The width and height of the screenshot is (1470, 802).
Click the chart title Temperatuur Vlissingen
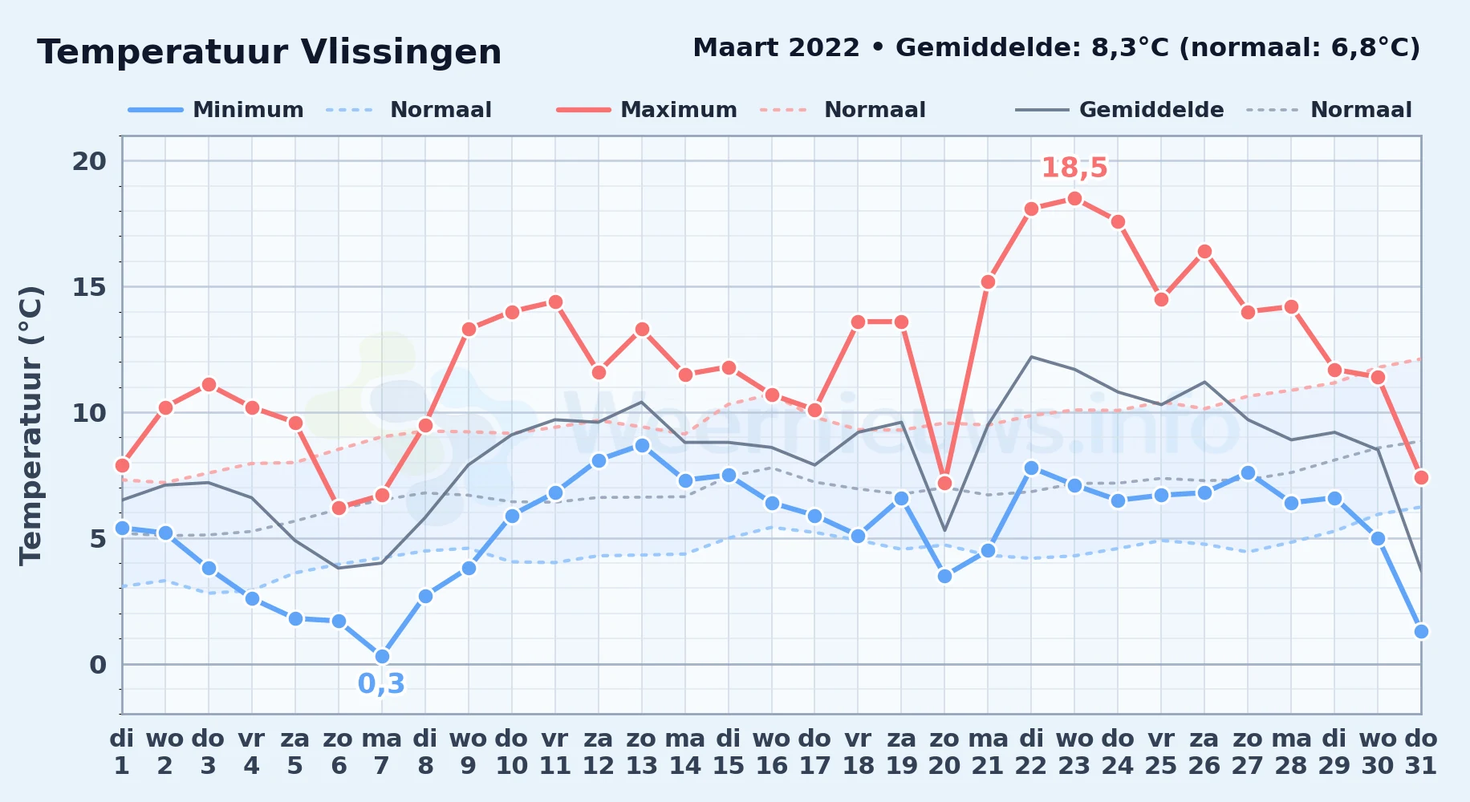coord(270,52)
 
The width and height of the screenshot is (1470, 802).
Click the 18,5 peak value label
coord(1074,168)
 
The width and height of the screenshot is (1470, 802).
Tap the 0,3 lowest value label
coord(381,684)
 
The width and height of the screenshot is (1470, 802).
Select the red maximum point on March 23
coord(1074,199)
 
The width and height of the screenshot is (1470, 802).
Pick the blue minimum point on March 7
coord(382,657)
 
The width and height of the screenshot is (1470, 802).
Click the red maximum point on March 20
coord(944,483)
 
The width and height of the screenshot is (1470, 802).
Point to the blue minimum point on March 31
coord(1421,631)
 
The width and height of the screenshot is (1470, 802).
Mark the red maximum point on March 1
coord(122,465)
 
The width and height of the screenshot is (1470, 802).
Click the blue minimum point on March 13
coord(642,445)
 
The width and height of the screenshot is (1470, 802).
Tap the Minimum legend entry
coord(217,110)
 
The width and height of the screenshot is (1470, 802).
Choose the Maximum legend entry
coord(647,110)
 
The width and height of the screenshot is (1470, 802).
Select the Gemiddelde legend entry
coord(1119,110)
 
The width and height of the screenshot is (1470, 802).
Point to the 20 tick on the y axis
coord(89,161)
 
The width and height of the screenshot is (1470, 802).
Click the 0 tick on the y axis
coord(98,665)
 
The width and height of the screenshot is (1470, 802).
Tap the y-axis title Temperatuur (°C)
coord(30,425)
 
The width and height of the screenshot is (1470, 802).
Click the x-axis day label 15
coord(729,766)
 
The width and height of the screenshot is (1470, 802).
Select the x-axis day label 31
coord(1421,766)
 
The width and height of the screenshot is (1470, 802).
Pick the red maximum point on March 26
coord(1204,252)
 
